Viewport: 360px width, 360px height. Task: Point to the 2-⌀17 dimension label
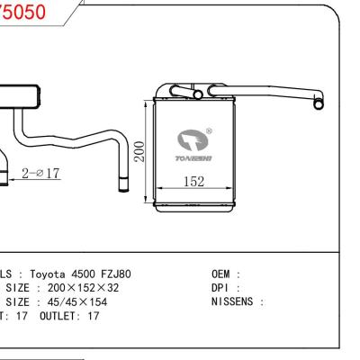coord(41,172)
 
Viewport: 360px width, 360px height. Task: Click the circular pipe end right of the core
coord(318,104)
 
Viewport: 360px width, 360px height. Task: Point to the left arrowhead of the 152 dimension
coord(159,189)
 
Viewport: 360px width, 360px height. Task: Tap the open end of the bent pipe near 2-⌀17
coord(121,184)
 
